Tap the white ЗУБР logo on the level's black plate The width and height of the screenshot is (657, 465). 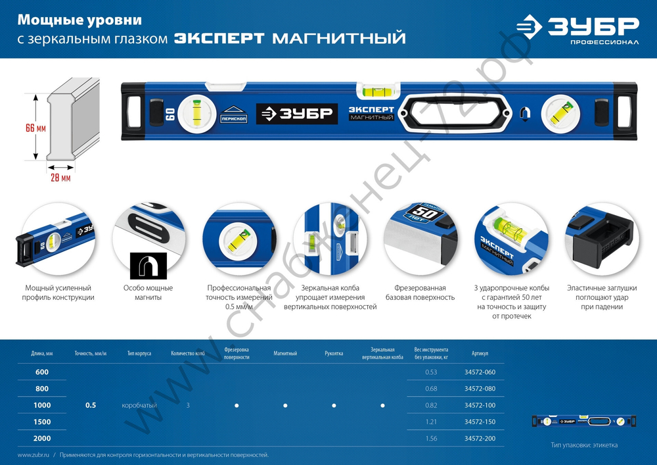point(296,113)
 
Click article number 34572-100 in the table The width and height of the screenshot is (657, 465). point(479,405)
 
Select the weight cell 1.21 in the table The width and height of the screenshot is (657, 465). point(431,422)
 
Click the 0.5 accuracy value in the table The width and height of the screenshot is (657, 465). point(91,405)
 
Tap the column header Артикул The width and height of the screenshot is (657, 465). point(479,353)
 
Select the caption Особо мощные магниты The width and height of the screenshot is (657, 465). point(148,293)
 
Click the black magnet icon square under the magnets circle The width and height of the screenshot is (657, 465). point(148,266)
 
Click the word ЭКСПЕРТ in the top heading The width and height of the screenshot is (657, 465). point(219,39)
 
